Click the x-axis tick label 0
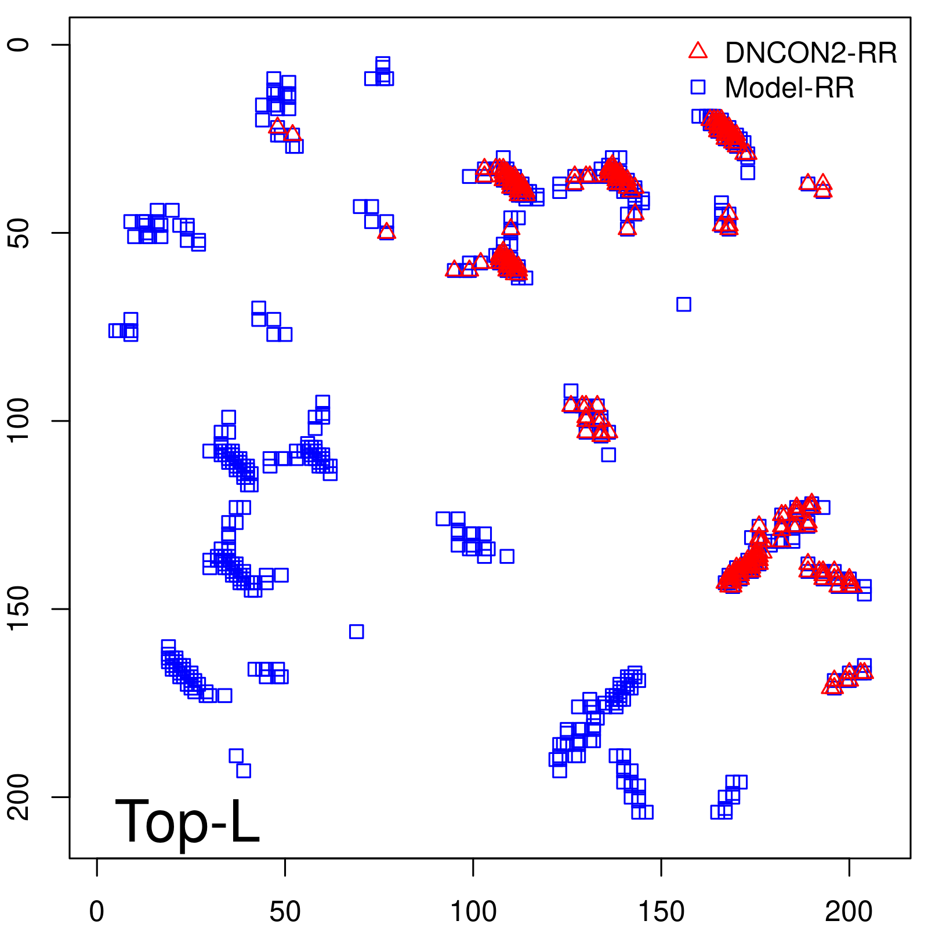click(x=97, y=912)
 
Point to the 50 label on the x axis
click(x=285, y=912)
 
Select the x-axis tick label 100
click(x=473, y=912)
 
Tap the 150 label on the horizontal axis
click(x=661, y=912)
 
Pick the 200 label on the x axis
click(x=849, y=912)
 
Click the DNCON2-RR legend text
click(x=811, y=53)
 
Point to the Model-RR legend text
click(x=789, y=88)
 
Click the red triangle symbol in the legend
click(x=698, y=51)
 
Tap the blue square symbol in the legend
click(x=698, y=87)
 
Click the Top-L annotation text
click(x=187, y=821)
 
